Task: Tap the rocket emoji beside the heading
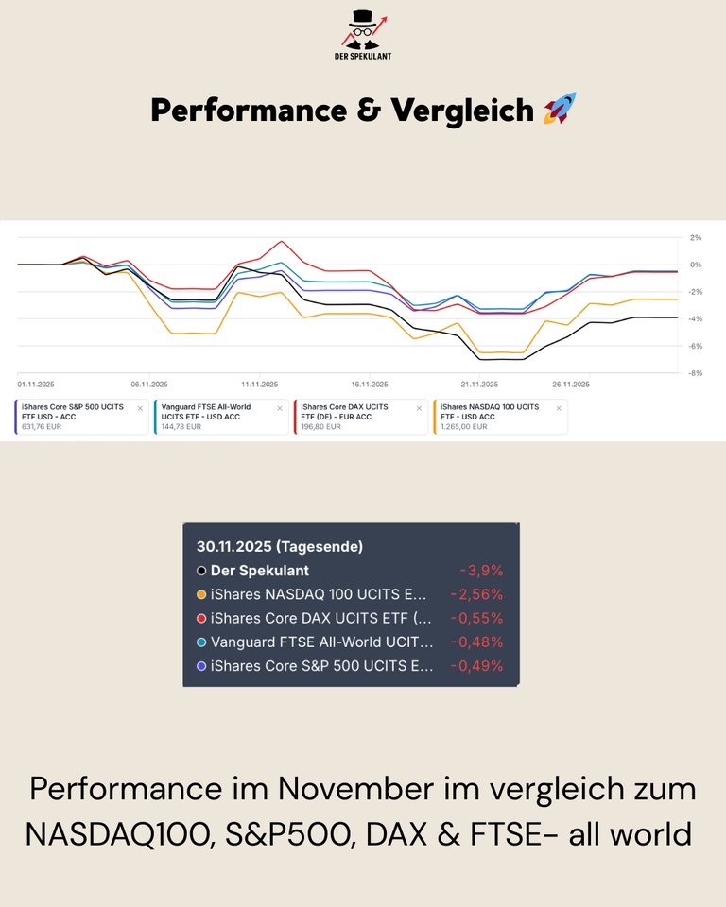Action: [560, 110]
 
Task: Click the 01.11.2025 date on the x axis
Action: [36, 385]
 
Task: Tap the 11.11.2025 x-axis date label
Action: [259, 385]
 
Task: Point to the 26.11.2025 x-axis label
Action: [570, 385]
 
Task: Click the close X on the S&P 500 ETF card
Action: [140, 408]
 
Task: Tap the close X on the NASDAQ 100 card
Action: [559, 408]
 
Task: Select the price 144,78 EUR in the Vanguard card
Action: [181, 426]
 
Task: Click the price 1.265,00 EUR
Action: [463, 426]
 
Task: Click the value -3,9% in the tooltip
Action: [481, 571]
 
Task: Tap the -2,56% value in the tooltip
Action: [477, 594]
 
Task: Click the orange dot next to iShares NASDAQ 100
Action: [201, 594]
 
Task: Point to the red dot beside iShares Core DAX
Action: [201, 618]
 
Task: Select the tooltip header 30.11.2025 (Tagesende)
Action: [280, 546]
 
